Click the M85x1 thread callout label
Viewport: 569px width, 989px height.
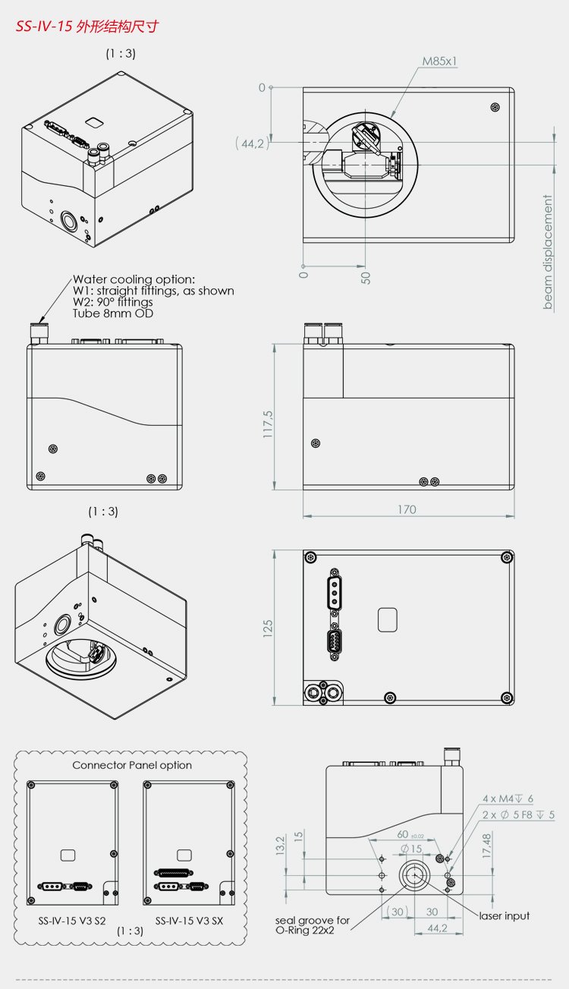pyautogui.click(x=439, y=61)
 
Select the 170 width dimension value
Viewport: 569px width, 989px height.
pyautogui.click(x=407, y=509)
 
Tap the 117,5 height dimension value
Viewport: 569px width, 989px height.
pyautogui.click(x=268, y=424)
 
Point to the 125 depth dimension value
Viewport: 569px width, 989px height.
pyautogui.click(x=268, y=628)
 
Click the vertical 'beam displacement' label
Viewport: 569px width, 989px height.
pyautogui.click(x=547, y=252)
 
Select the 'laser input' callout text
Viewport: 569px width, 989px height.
pyautogui.click(x=504, y=915)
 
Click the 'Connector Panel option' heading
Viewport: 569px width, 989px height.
pyautogui.click(x=132, y=765)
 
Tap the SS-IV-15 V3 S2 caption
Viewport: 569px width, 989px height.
pyautogui.click(x=72, y=921)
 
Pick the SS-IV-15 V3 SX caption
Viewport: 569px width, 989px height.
pyautogui.click(x=189, y=921)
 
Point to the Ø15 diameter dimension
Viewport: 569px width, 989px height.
pyautogui.click(x=411, y=849)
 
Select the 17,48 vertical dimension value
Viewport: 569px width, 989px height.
pyautogui.click(x=486, y=846)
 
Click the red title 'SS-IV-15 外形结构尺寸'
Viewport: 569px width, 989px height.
pyautogui.click(x=87, y=27)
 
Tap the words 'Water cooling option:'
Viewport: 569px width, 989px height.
pyautogui.click(x=134, y=279)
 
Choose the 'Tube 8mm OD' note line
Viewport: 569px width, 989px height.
pyautogui.click(x=113, y=313)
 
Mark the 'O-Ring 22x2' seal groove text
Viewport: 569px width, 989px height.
pyautogui.click(x=304, y=930)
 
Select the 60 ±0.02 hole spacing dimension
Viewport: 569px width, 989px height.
pyautogui.click(x=410, y=834)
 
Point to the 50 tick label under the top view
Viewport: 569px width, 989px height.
pyautogui.click(x=366, y=278)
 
